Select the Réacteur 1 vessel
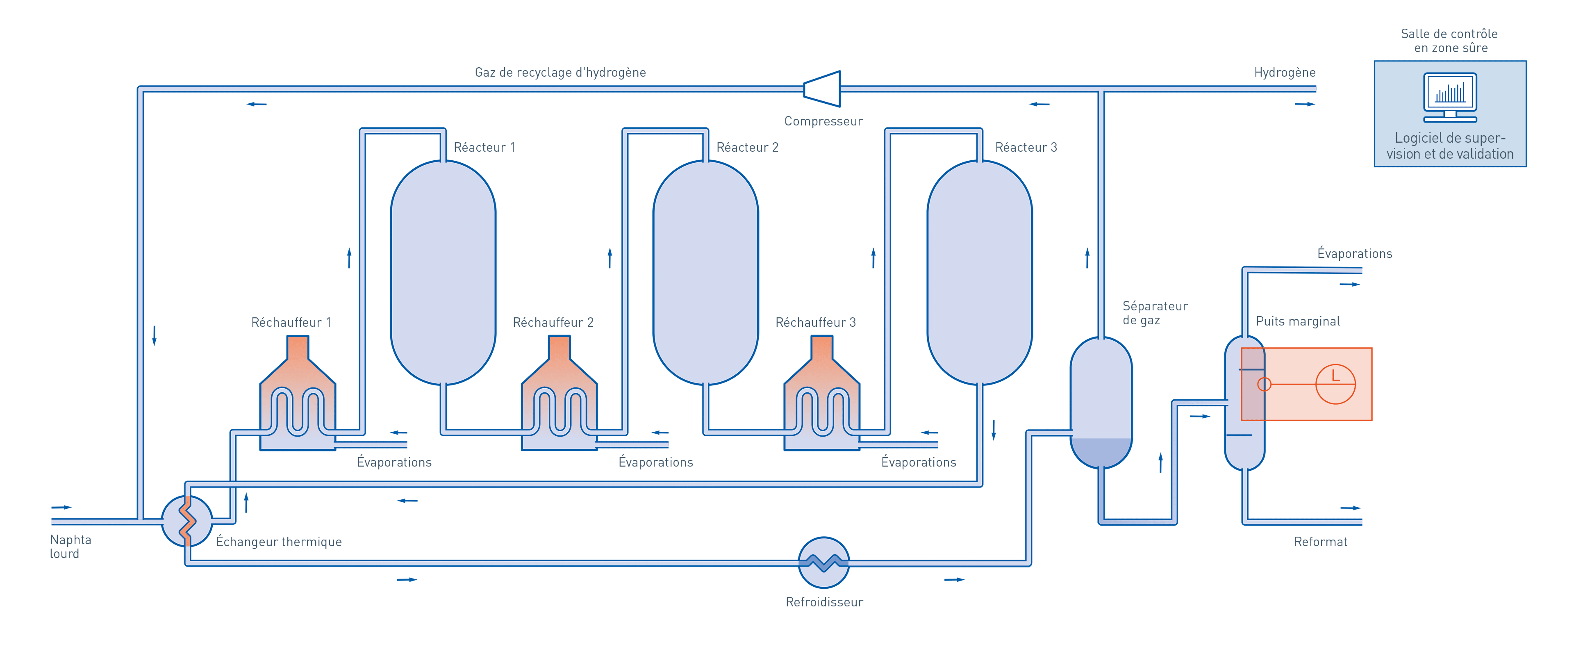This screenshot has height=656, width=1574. click(x=443, y=272)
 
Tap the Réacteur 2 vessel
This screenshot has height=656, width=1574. click(x=706, y=272)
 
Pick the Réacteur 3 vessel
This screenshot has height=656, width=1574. click(x=980, y=272)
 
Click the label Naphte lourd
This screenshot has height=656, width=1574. click(x=70, y=547)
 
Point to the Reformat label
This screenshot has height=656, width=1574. click(x=1320, y=542)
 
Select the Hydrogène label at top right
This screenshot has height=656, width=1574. click(x=1284, y=73)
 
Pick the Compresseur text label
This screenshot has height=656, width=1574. click(x=823, y=121)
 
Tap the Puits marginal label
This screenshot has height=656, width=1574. click(x=1298, y=321)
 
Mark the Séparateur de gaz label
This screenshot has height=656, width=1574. click(x=1154, y=313)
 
